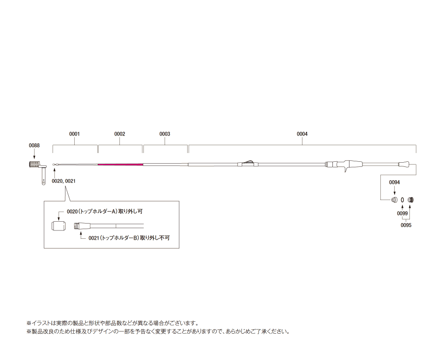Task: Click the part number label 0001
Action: [74, 134]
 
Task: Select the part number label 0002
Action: [119, 134]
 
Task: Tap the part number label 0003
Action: [165, 134]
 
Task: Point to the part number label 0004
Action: [302, 134]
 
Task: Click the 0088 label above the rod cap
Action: [34, 146]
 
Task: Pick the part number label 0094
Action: [394, 183]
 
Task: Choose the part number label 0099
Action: [403, 214]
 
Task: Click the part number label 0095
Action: [406, 225]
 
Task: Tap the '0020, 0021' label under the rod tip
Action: [64, 181]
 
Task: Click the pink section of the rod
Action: [120, 164]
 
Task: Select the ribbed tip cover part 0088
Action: [35, 165]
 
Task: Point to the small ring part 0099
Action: [403, 200]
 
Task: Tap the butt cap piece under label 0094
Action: [394, 200]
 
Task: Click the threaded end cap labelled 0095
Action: [412, 200]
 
